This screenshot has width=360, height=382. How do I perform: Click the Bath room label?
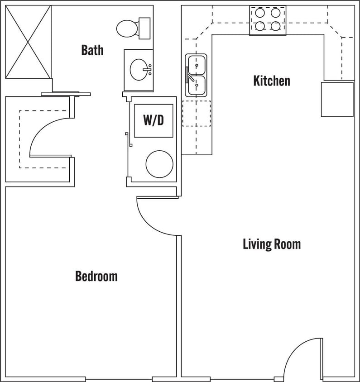[x=92, y=50]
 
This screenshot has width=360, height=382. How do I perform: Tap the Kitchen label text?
[x=271, y=81]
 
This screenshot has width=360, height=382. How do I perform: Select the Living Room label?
[x=271, y=244]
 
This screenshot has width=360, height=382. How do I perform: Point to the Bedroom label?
[x=96, y=276]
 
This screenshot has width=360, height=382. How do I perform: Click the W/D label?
[x=154, y=120]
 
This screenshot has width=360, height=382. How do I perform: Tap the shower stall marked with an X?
[x=28, y=42]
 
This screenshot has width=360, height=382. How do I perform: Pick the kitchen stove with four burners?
[x=268, y=20]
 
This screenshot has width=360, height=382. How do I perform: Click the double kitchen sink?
[x=196, y=76]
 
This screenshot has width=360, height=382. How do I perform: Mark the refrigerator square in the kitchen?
[x=337, y=99]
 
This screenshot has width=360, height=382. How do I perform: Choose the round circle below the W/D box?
[x=159, y=164]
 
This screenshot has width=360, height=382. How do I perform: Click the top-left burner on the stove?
[x=260, y=13]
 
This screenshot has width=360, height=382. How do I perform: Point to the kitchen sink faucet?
[x=189, y=75]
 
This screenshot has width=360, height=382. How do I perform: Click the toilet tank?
[x=144, y=28]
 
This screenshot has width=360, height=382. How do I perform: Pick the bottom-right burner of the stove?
[x=275, y=26]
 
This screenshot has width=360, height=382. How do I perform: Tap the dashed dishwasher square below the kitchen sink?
[x=196, y=113]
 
